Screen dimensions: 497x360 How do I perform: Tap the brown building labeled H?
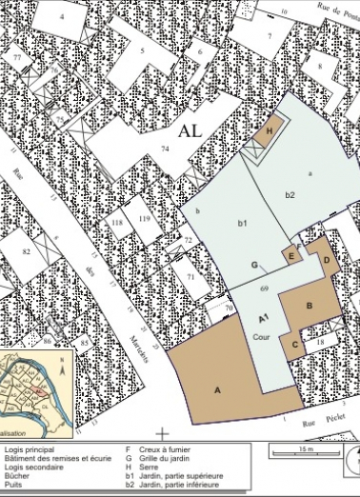(270, 131)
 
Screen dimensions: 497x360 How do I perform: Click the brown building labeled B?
(310, 307)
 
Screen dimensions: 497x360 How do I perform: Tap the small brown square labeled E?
(290, 255)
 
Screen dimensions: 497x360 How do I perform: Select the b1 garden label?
(243, 223)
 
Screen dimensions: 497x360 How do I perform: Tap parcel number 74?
(165, 149)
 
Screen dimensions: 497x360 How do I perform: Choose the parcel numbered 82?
(27, 251)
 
